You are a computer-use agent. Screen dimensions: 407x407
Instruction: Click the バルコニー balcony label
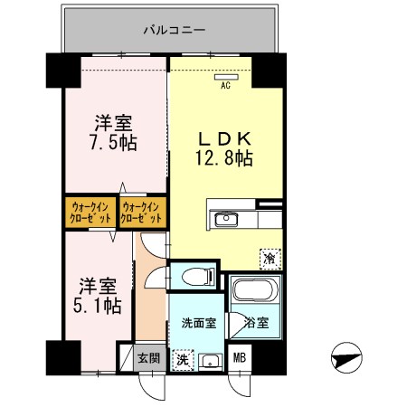[x=175, y=30]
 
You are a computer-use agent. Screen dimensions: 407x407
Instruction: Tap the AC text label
[x=225, y=87]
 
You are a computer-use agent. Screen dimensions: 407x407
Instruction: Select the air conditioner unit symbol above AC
[x=225, y=77]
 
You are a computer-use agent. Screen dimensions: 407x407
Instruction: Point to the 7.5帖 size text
[x=114, y=143]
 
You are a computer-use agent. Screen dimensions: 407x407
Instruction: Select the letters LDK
[x=224, y=138]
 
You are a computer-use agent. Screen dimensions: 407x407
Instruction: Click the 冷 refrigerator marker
[x=270, y=258]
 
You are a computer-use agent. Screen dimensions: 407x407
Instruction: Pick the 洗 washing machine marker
[x=183, y=359]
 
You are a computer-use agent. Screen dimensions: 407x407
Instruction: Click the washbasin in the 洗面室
[x=213, y=362]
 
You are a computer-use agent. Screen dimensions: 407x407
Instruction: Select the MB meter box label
[x=240, y=359]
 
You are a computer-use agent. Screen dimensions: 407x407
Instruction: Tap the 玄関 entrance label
[x=148, y=358]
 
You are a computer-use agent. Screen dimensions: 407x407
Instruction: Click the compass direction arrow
[x=347, y=358]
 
